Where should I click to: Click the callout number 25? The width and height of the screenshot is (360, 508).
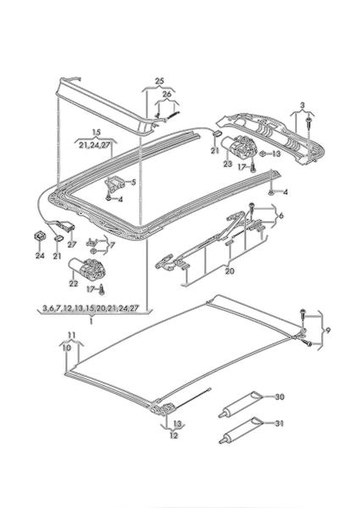159,81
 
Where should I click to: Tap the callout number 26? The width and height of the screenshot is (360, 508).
167,95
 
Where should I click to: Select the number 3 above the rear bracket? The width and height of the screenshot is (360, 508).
302,105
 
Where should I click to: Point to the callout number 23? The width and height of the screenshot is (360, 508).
228,164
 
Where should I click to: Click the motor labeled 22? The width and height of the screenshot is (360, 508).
87,268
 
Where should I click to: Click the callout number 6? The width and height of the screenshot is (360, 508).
280,216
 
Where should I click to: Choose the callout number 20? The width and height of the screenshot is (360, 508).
230,271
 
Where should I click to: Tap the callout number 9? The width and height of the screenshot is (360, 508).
328,330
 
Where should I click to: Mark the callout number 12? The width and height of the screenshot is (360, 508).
174,436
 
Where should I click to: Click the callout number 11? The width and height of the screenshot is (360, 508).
72,335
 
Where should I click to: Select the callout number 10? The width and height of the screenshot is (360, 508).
67,348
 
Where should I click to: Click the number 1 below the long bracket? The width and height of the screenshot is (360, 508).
91,322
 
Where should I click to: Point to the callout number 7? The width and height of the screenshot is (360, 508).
112,246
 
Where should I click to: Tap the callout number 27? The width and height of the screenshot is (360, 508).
72,245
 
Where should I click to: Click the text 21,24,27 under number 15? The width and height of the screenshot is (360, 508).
95,146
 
